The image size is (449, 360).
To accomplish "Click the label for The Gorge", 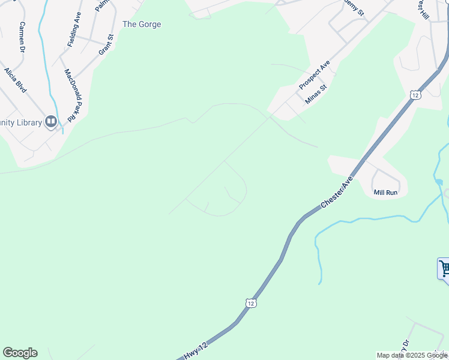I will click(x=142, y=25).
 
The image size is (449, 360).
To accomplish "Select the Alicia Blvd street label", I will click(x=15, y=80).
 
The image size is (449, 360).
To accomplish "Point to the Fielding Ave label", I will click(x=74, y=34).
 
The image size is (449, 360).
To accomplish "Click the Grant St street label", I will click(x=106, y=46).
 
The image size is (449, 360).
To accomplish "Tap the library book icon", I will click(x=51, y=122).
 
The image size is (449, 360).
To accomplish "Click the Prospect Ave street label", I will click(x=315, y=75).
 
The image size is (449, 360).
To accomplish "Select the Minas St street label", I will click(x=315, y=94).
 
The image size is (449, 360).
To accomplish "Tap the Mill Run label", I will click(x=385, y=193).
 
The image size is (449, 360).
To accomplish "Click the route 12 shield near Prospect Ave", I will click(x=415, y=94).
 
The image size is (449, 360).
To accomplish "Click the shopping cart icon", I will click(x=444, y=268).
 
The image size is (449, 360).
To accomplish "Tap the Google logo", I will click(x=20, y=353).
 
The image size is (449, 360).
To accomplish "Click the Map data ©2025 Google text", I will click(x=411, y=355).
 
